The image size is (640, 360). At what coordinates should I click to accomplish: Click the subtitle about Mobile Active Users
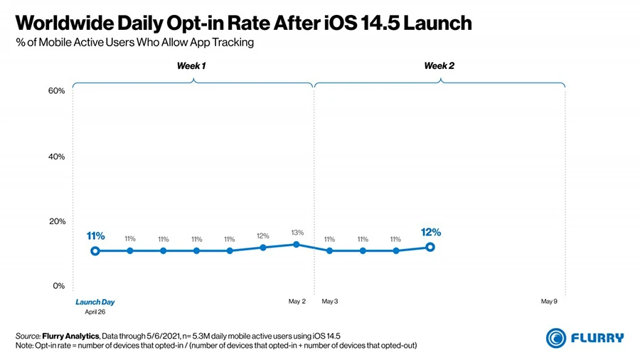coord(134,43)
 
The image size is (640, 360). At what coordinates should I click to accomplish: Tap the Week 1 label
coord(191,66)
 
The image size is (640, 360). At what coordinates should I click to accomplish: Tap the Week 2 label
coord(439,66)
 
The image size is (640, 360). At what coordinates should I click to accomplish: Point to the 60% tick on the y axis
coord(57,91)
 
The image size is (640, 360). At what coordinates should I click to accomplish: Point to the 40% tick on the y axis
coord(57,157)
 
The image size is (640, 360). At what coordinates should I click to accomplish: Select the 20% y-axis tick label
coord(57,221)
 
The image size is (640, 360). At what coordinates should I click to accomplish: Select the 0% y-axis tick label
coord(59,286)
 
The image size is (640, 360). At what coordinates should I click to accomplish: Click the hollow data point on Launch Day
coord(95,250)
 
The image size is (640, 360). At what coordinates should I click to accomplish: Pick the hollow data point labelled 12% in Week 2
coord(430,247)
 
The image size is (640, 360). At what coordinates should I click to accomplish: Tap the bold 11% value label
coord(95,235)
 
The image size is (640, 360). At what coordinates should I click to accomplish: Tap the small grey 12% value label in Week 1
coord(263,235)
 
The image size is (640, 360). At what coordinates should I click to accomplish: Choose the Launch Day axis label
coord(95,302)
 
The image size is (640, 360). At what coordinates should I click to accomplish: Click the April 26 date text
coord(95,312)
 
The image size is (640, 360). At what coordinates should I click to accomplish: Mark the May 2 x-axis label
coord(297,302)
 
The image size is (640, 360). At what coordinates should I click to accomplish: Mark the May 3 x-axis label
coord(330,302)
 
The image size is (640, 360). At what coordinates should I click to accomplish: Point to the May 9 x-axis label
coord(549,302)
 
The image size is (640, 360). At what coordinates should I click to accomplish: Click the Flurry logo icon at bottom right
coord(555,337)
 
